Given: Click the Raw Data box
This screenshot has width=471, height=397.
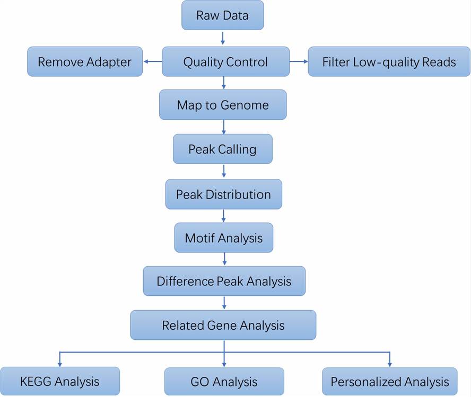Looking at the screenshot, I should [x=222, y=15].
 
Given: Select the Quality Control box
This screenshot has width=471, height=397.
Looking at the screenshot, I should [x=225, y=62].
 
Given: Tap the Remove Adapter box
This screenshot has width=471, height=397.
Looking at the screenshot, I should [x=85, y=62].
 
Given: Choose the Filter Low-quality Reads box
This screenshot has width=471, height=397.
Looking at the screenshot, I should [x=389, y=62].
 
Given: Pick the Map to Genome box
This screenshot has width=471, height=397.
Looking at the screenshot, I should [x=223, y=105].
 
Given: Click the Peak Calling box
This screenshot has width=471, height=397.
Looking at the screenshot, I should [x=223, y=149].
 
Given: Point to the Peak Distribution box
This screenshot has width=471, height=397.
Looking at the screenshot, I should [x=223, y=194].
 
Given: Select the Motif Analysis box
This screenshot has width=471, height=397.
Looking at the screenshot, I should [x=223, y=238].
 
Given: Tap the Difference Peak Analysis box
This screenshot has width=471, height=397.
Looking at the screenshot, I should [x=224, y=281].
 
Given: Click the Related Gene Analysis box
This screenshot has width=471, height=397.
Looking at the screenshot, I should [x=223, y=325].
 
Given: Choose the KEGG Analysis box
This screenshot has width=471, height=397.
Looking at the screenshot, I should [x=59, y=381].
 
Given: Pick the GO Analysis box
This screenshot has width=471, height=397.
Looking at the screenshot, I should [x=224, y=382].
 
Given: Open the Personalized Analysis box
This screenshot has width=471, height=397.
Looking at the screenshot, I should [x=389, y=382].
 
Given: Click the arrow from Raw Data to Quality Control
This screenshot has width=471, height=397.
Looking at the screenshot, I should [x=223, y=38].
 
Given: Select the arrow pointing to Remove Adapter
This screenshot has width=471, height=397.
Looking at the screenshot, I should [x=152, y=62].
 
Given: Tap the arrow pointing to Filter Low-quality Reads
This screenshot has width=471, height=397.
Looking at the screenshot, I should [x=299, y=62].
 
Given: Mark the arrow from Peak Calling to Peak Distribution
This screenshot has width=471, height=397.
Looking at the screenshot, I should [x=224, y=171].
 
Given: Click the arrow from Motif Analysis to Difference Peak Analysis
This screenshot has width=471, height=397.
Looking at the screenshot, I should [x=224, y=258].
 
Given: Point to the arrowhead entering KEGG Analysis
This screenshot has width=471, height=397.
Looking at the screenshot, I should [x=59, y=364].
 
